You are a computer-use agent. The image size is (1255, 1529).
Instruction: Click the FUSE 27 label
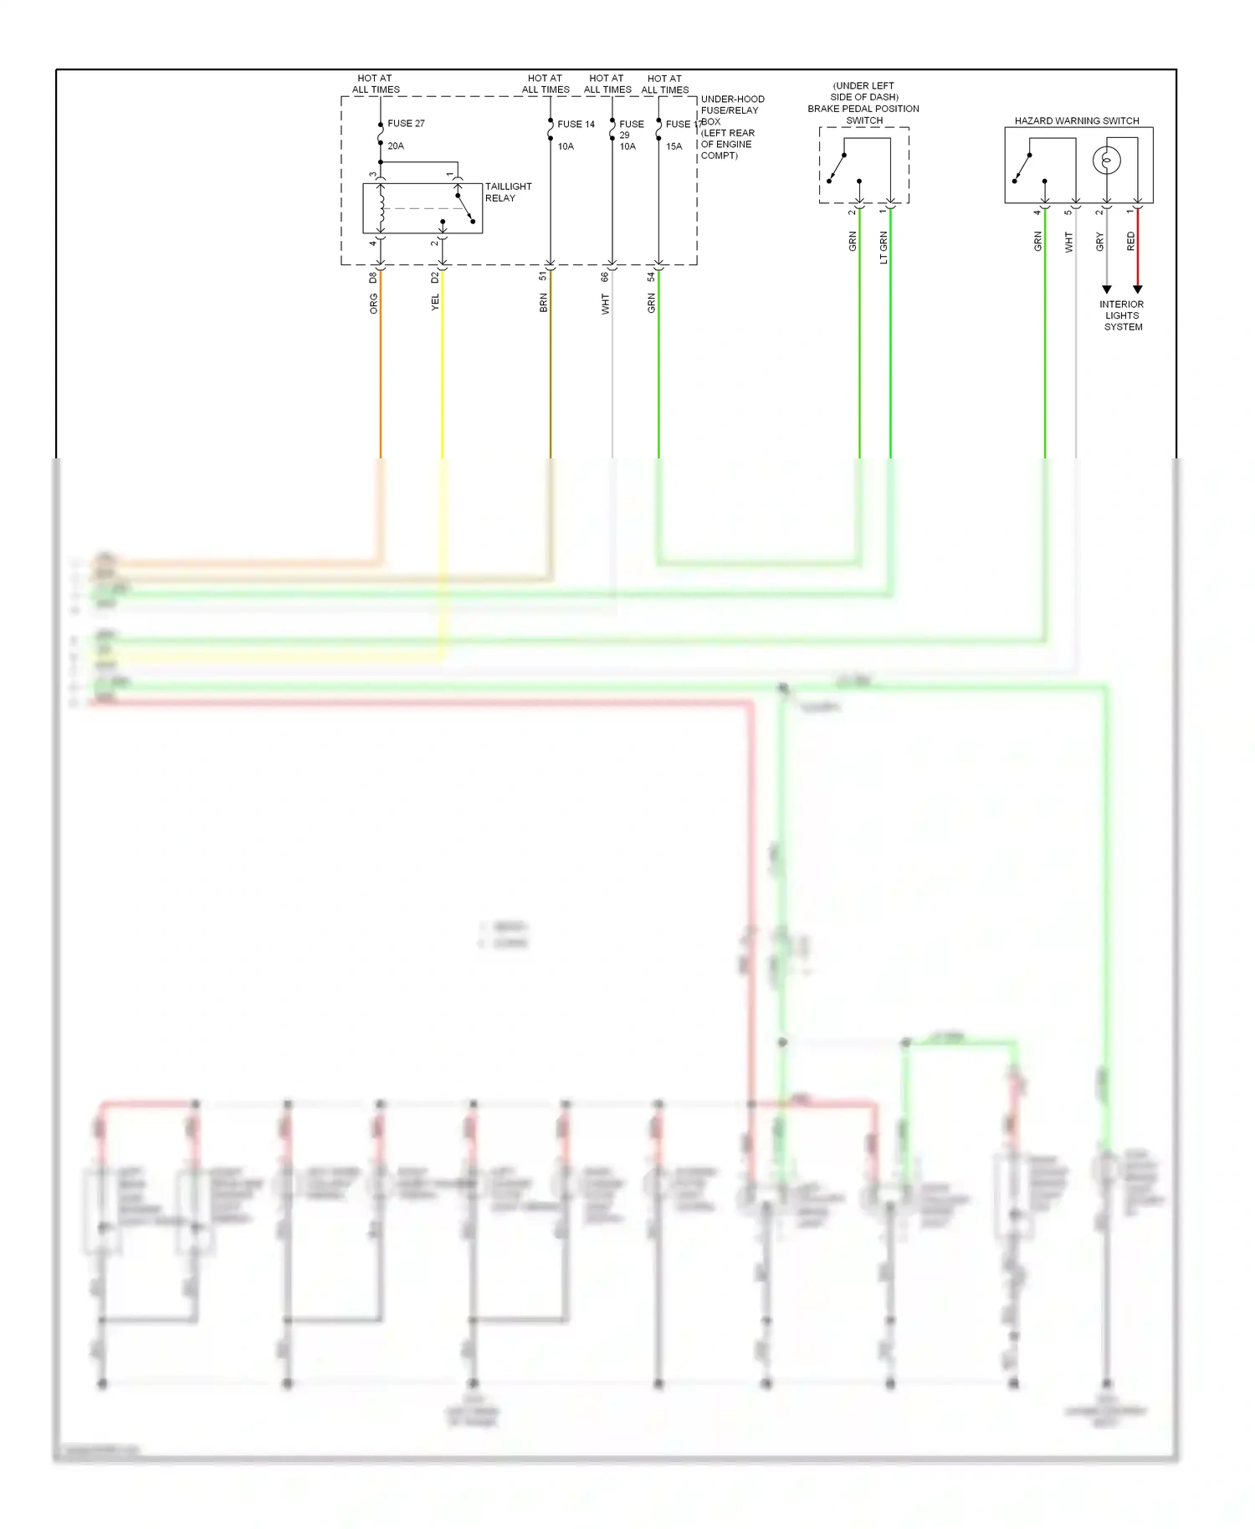click(406, 123)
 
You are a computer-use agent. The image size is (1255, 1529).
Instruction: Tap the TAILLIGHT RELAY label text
click(508, 192)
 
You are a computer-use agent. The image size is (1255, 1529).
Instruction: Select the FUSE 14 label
click(576, 124)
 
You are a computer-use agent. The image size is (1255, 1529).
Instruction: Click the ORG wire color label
click(374, 304)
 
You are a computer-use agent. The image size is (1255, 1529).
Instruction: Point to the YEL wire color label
click(435, 303)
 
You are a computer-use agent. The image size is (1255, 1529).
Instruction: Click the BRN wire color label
click(544, 303)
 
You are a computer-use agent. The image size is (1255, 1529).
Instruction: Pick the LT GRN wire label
click(884, 248)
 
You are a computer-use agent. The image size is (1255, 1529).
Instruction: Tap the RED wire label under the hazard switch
click(1131, 242)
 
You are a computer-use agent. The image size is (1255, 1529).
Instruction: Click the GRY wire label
click(1100, 243)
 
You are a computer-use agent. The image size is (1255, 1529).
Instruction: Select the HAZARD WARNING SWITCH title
click(1077, 120)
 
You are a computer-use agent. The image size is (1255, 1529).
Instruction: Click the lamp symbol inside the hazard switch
click(1106, 160)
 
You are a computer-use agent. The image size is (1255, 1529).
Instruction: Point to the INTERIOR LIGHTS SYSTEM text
click(1122, 315)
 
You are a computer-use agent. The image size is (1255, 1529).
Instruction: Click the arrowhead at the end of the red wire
click(1137, 289)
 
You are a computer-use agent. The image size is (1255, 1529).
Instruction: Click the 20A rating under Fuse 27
click(396, 146)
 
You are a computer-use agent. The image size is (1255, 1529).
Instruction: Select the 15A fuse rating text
click(674, 146)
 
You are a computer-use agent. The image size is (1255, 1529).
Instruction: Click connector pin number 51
click(543, 276)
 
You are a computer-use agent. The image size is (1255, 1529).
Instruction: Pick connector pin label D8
click(373, 277)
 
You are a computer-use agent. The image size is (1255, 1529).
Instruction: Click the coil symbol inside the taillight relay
click(382, 207)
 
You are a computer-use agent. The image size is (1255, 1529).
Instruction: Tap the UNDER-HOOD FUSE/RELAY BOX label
click(731, 127)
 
